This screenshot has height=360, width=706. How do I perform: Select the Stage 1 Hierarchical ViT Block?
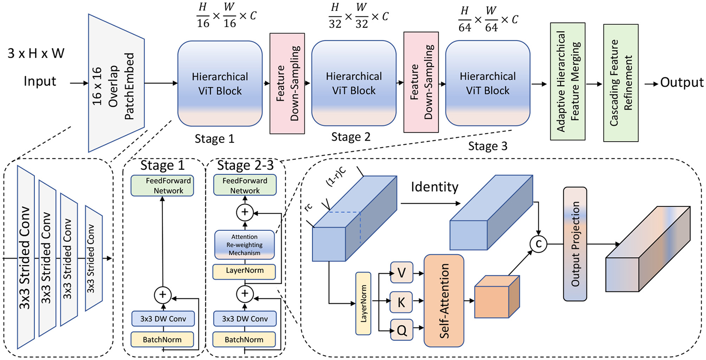click(220, 84)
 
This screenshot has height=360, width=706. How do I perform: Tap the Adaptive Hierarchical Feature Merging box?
click(567, 81)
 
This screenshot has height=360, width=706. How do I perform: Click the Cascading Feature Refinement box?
click(621, 83)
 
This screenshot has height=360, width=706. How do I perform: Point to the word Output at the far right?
click(681, 83)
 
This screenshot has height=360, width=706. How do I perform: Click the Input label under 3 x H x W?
click(40, 81)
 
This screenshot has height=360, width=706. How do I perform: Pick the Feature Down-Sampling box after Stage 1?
click(287, 83)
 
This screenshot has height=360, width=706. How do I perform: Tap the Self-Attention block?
click(444, 301)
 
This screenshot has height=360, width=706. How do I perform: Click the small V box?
click(402, 273)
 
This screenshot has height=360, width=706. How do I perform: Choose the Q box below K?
click(402, 330)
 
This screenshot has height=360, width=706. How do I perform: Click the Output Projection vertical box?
click(575, 244)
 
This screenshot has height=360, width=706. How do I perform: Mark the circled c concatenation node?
click(538, 244)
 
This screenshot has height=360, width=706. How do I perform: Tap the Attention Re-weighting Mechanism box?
click(244, 245)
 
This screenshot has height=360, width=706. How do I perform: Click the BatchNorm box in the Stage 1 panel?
click(162, 340)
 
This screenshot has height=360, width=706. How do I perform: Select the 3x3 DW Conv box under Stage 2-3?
click(244, 319)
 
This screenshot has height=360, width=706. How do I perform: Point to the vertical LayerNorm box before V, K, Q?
click(363, 303)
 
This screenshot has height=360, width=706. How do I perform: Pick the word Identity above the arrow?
click(434, 187)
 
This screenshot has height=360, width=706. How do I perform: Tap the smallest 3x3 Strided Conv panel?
click(93, 258)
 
